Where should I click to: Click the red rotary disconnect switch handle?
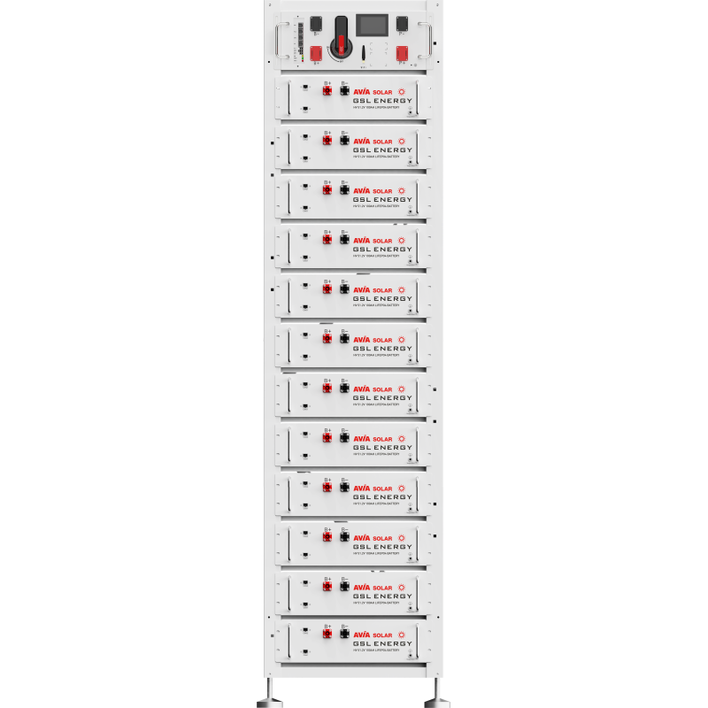(x=340, y=46)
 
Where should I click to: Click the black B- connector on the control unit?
(x=316, y=24)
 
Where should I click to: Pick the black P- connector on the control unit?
(x=402, y=24)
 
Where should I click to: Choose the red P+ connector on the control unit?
(x=402, y=54)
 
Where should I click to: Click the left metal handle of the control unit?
(x=280, y=41)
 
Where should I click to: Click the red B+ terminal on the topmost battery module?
(x=327, y=92)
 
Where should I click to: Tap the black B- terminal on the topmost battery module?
(x=345, y=92)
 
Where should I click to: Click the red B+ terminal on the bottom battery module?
(x=327, y=637)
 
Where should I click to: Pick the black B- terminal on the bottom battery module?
(x=345, y=637)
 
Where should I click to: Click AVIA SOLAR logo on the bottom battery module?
(x=373, y=637)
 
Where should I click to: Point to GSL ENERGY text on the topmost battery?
(x=382, y=101)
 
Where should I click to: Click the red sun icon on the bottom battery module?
(x=404, y=636)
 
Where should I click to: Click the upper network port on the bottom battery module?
(x=304, y=630)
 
